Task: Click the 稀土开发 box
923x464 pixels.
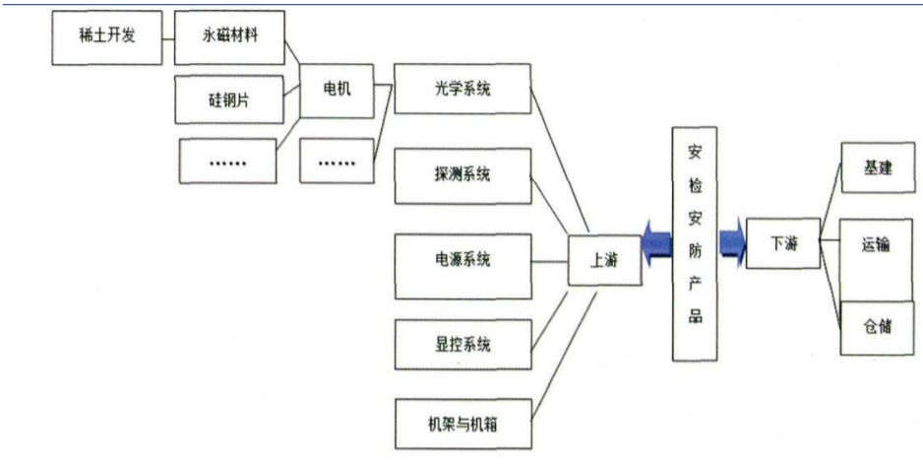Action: click(x=105, y=38)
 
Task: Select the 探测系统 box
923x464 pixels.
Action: click(x=461, y=175)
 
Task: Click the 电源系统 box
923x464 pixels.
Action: click(x=461, y=260)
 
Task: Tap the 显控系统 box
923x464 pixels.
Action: click(x=461, y=344)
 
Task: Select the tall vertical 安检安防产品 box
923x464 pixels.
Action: click(x=696, y=241)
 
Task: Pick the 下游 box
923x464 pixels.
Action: click(x=783, y=243)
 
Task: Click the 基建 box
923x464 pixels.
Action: click(x=878, y=168)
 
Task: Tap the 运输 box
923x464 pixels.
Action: click(x=878, y=245)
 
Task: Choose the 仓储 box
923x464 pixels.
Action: click(x=878, y=326)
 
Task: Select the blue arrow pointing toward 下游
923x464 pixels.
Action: click(x=733, y=243)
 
